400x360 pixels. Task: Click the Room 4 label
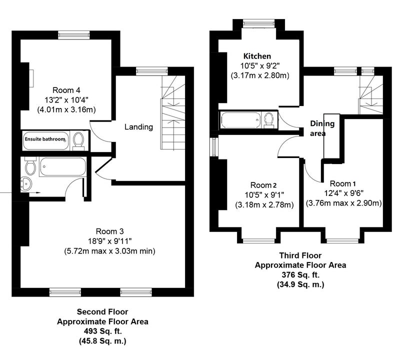tap(66, 90)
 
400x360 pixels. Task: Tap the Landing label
tap(139, 127)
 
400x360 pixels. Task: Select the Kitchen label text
tap(257, 56)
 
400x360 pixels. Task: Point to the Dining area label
tap(322, 128)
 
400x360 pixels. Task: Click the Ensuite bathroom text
tap(45, 139)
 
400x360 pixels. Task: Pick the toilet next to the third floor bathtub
tap(268, 120)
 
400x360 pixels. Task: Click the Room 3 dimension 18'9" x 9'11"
tap(109, 241)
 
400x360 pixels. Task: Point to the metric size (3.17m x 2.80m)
tap(260, 76)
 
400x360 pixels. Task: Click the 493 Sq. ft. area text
tap(103, 331)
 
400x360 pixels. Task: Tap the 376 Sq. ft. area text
tap(300, 275)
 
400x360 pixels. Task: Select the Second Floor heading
tap(102, 311)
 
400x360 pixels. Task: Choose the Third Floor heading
tap(300, 255)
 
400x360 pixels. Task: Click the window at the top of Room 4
tap(74, 35)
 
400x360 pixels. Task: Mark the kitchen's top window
tap(258, 23)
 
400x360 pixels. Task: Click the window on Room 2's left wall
tap(214, 147)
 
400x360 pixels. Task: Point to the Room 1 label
tap(342, 183)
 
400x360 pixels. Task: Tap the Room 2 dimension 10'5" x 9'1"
tap(264, 195)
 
